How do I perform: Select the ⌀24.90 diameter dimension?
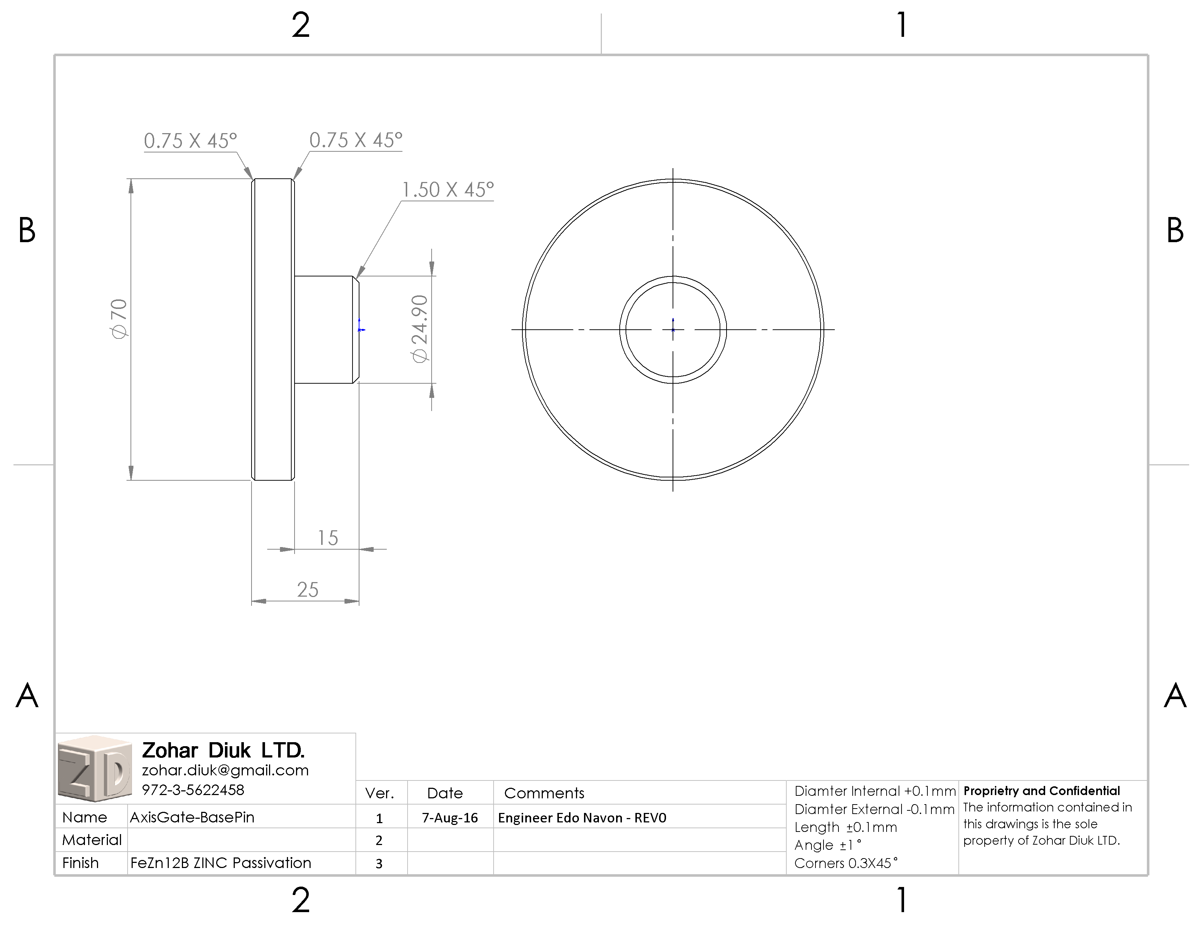coord(420,329)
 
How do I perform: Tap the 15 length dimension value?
coord(328,538)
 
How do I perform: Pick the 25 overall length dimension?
coord(308,589)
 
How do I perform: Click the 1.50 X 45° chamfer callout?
coord(448,190)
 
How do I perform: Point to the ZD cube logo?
coord(95,768)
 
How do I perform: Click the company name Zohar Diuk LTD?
coord(223,750)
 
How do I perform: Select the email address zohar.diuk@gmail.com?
coord(225,770)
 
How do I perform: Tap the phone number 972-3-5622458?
coord(193,790)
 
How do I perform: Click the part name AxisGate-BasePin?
coord(192,817)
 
